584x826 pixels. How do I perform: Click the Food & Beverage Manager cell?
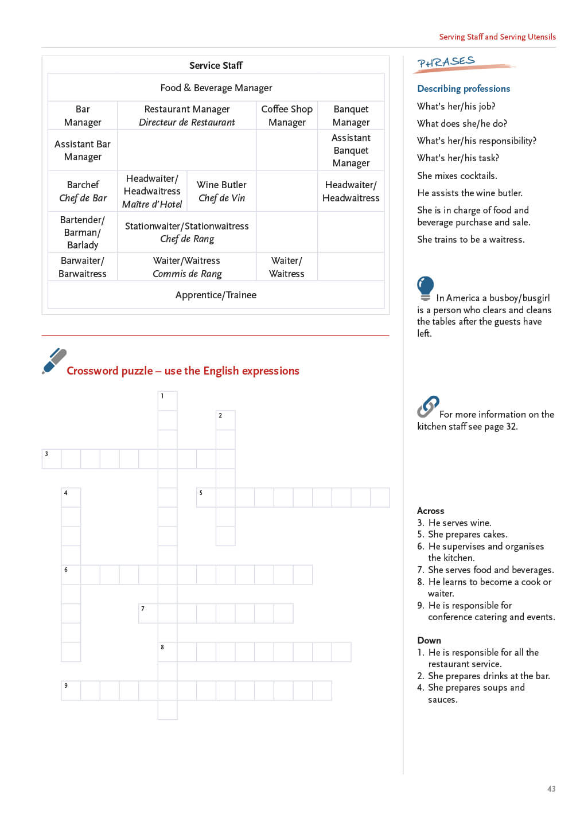coord(216,88)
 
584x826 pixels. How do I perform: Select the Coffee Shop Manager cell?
coord(287,115)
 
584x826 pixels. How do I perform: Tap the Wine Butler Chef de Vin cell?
coord(221,191)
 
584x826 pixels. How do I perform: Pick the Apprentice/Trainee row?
coord(216,295)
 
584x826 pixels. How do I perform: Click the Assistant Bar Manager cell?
coord(83,150)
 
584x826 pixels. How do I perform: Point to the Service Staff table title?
coord(216,65)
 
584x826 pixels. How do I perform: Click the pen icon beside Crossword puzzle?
coord(54,361)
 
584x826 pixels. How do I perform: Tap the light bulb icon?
coord(425,287)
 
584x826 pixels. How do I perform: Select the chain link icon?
coord(428,407)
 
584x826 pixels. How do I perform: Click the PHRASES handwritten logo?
coord(446,63)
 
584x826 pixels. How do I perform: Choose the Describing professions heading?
coord(464,88)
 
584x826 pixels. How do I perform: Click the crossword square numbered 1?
coord(168,401)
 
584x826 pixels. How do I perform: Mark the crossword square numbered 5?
coord(206,497)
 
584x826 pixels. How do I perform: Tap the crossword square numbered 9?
coord(71,690)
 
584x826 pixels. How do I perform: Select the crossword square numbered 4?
coord(71,497)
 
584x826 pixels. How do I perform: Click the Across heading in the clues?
coord(431,511)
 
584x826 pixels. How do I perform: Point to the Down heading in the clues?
coord(429,640)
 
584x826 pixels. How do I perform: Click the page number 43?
coord(551,789)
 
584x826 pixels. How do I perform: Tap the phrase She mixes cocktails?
coord(457,176)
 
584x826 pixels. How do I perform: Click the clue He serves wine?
coord(460,523)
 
